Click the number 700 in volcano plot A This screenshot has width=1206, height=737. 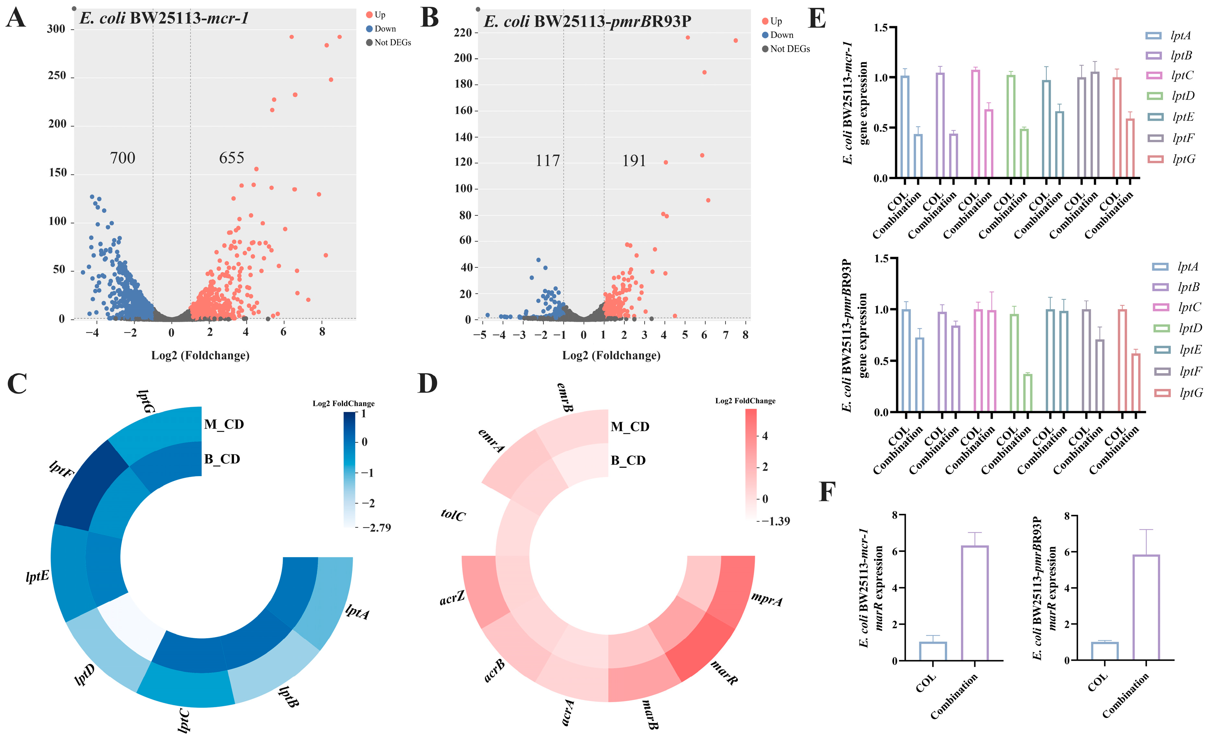[122, 158]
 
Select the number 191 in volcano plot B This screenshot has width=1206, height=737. [634, 161]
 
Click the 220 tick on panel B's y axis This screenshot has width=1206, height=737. [462, 33]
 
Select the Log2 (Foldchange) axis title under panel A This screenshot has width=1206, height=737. [200, 355]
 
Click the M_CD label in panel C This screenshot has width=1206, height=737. [224, 424]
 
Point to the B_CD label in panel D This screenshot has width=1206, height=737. [628, 460]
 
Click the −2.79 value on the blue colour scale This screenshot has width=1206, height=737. [376, 527]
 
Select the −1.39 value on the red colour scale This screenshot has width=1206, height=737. [776, 521]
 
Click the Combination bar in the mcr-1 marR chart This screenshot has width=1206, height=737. [974, 603]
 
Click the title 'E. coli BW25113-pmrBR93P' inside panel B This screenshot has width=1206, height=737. [587, 22]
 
